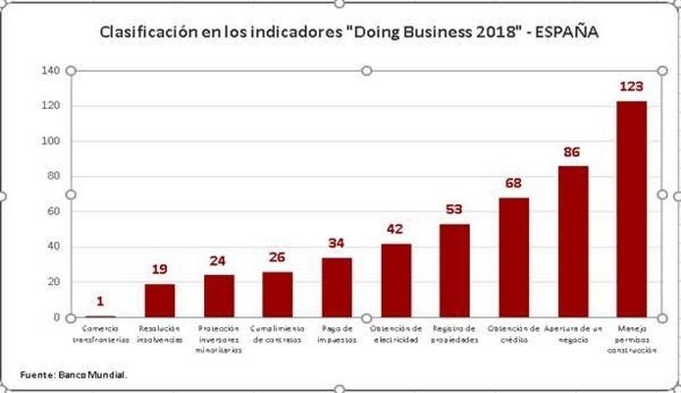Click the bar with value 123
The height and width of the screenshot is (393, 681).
[x=631, y=208]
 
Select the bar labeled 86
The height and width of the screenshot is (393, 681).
[x=573, y=241]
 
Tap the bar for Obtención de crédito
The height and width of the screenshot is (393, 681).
[x=514, y=257]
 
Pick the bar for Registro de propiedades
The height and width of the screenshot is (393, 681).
[x=454, y=270]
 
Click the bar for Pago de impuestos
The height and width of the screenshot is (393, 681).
[x=337, y=287]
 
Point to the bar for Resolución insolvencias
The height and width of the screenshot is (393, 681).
[x=160, y=300]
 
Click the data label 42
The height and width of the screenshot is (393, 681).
[x=395, y=229]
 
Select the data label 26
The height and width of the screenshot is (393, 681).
[x=278, y=257]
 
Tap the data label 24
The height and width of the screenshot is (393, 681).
[x=219, y=261]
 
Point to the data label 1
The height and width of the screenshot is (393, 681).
[x=100, y=302]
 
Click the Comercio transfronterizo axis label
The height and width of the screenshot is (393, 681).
[x=100, y=333]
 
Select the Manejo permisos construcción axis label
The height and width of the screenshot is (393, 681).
[x=631, y=338]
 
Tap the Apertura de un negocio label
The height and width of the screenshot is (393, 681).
[x=572, y=333]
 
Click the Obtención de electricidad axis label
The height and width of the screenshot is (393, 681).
[x=395, y=333]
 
